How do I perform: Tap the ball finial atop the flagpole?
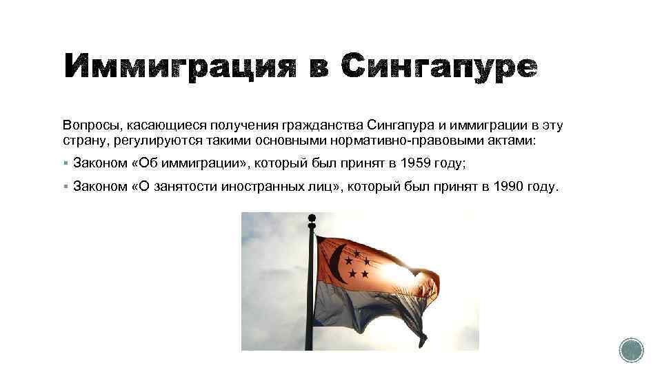coord(311,219)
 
